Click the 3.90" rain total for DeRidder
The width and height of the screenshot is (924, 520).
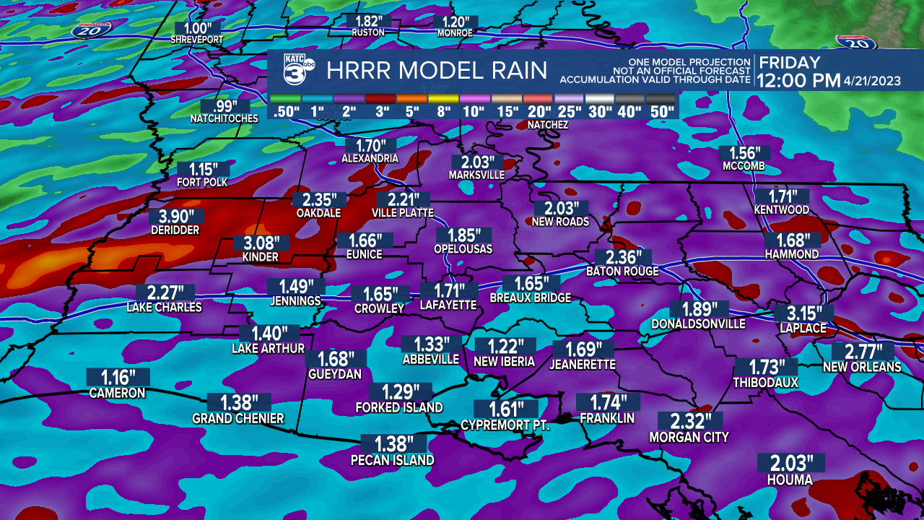pyautogui.click(x=176, y=216)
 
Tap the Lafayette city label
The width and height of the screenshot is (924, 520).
pyautogui.click(x=448, y=305)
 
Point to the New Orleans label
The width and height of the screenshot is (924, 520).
pyautogui.click(x=862, y=367)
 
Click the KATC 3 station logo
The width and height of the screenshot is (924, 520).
pyautogui.click(x=295, y=70)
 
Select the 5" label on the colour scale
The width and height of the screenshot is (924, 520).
pyautogui.click(x=411, y=111)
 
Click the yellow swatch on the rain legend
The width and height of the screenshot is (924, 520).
pyautogui.click(x=443, y=98)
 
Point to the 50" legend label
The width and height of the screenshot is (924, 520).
pyautogui.click(x=661, y=111)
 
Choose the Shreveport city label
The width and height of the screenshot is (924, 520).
pyautogui.click(x=197, y=40)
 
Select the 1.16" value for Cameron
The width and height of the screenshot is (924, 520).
pyautogui.click(x=118, y=377)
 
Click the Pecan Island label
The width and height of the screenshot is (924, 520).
pyautogui.click(x=392, y=460)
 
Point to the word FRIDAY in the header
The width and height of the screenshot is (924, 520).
pyautogui.click(x=789, y=63)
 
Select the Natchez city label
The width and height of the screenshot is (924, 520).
pyautogui.click(x=547, y=125)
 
